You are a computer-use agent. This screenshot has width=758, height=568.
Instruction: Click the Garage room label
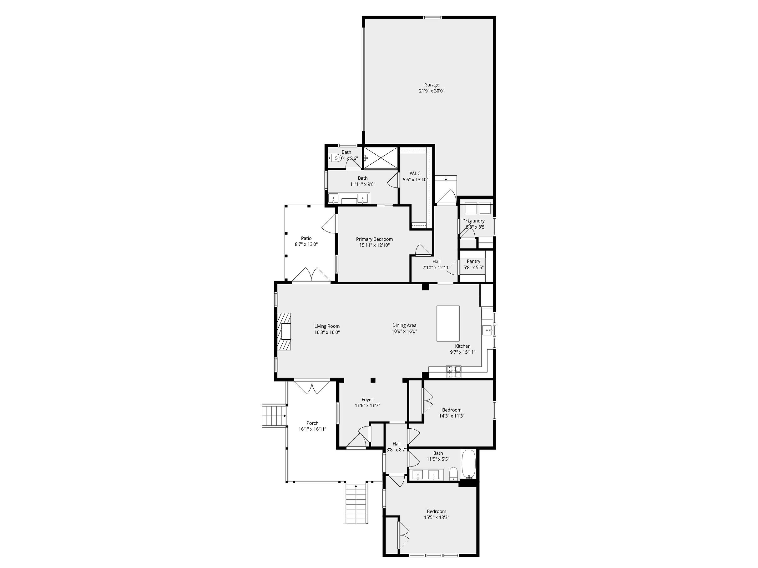[432, 85]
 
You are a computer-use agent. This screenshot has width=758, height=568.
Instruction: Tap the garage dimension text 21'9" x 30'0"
[432, 91]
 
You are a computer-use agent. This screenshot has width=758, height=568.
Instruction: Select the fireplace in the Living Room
[284, 331]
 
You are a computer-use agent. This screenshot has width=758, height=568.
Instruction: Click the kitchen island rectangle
[448, 324]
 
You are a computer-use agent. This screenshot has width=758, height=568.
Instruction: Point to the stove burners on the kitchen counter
[453, 371]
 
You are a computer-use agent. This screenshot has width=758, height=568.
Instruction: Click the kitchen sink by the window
[487, 330]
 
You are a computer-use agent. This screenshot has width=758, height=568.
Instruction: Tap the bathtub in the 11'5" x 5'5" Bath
[468, 464]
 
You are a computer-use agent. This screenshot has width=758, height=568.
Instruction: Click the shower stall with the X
[381, 158]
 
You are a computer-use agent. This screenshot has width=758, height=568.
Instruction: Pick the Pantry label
[473, 262]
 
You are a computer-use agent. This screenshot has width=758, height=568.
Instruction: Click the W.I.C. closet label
[415, 174]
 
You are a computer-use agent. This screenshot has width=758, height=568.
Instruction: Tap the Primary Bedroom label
[374, 239]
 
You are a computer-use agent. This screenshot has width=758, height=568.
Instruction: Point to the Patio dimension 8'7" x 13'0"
[306, 244]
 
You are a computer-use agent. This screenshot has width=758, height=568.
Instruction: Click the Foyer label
[367, 400]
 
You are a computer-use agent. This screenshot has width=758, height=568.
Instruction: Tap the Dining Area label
[404, 325]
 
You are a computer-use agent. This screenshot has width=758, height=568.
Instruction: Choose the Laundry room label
[476, 221]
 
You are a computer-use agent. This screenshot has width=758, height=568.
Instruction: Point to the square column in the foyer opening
[373, 380]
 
